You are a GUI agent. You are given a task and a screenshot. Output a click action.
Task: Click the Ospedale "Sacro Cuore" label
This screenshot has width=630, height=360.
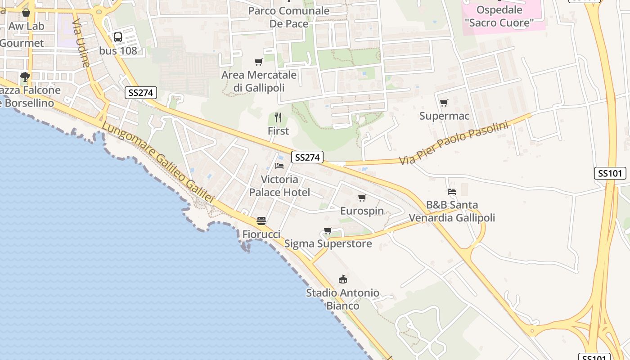click(x=499, y=16)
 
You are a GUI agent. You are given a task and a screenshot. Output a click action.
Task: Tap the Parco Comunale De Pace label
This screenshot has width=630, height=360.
click(x=289, y=17)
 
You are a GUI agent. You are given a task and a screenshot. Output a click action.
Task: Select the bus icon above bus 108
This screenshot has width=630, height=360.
click(x=118, y=37)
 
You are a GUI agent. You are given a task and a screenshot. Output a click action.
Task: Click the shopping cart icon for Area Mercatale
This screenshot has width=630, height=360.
click(x=258, y=62)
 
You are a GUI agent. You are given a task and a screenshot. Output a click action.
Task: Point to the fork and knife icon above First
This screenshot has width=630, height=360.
click(x=278, y=118)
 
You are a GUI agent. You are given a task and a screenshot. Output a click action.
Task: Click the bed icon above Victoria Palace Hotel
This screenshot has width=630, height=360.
click(x=279, y=166)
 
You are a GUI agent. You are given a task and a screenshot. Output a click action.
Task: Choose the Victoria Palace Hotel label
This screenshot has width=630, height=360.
click(x=279, y=186)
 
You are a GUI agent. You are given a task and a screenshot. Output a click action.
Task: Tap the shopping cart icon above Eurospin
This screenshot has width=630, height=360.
click(x=362, y=198)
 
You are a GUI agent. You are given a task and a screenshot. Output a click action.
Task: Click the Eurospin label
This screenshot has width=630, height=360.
click(x=362, y=211)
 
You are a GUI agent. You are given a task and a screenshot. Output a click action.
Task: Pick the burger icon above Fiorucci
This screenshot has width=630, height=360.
click(x=261, y=221)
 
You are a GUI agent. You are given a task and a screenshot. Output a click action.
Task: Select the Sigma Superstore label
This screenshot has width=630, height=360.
click(x=328, y=244)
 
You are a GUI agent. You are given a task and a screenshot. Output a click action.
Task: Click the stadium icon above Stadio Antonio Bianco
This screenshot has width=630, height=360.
click(x=343, y=279)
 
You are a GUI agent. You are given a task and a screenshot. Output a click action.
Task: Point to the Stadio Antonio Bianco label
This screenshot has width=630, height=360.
click(x=343, y=299)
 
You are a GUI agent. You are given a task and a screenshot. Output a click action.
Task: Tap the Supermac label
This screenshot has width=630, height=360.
click(x=444, y=116)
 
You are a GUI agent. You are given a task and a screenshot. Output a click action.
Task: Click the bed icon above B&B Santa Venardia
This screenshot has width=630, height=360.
click(x=452, y=192)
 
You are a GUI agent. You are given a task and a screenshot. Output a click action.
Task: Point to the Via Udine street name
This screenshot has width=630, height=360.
click(x=81, y=43)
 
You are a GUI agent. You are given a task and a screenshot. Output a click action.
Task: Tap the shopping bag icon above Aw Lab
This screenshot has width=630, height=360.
click(x=26, y=13)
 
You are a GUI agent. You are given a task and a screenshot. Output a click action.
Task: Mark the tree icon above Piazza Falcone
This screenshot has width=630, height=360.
click(x=25, y=77)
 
